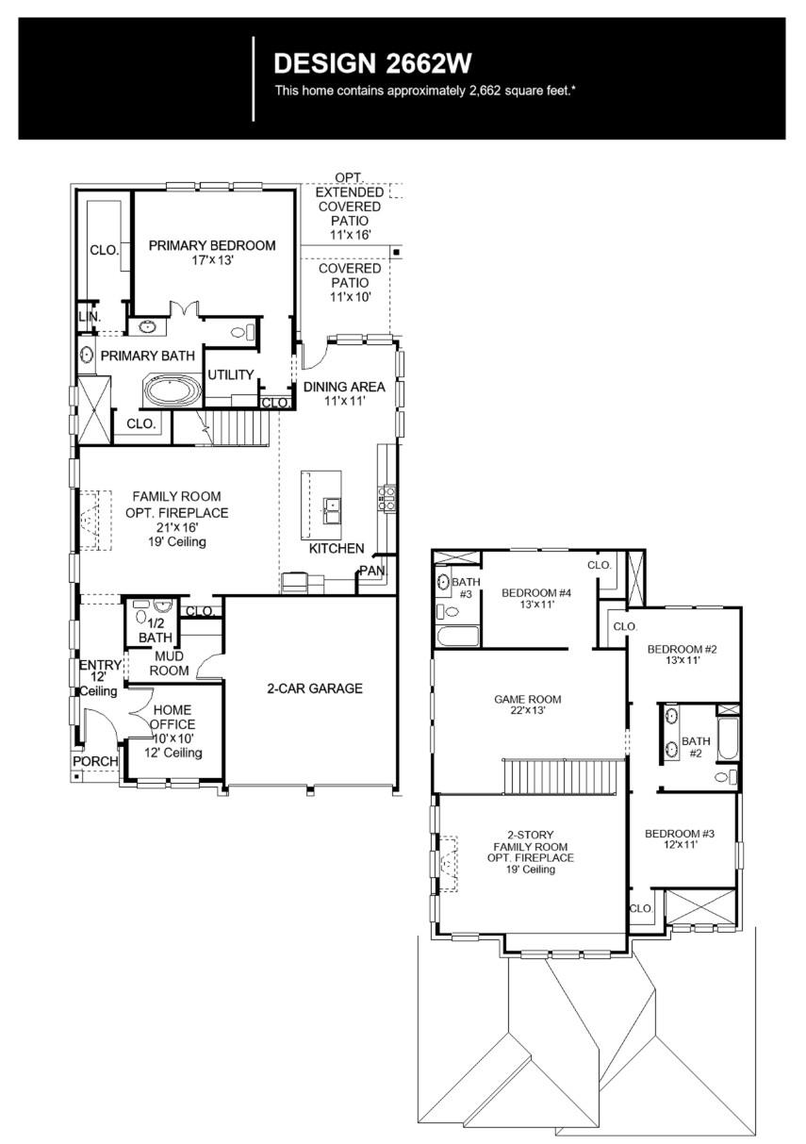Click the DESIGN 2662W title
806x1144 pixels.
371,63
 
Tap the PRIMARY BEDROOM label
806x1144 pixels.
212,245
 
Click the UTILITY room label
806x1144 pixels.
231,374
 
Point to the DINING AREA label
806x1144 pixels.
344,387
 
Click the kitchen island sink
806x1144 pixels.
331,511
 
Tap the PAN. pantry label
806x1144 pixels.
369,571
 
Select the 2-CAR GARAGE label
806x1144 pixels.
314,688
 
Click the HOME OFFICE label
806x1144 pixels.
173,718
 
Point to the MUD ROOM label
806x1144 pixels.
171,663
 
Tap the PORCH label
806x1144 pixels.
96,761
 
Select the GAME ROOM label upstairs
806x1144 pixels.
528,699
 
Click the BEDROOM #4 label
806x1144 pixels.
536,592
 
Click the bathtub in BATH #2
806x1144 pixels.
727,739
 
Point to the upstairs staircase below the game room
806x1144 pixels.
560,777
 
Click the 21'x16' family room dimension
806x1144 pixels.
176,527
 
